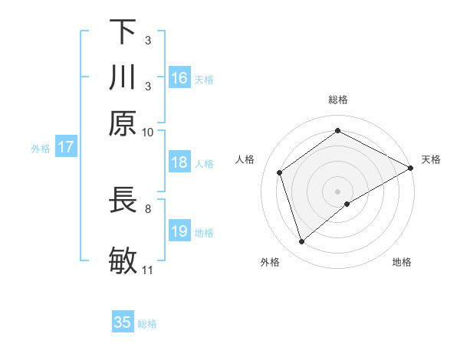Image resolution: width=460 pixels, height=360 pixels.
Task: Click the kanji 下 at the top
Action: point(123,32)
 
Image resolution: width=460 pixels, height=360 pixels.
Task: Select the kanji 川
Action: point(123,77)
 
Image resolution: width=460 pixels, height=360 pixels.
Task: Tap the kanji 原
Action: point(123,123)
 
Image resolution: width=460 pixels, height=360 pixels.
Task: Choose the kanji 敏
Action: point(123,260)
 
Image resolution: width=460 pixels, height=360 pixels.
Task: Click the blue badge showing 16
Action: point(179,77)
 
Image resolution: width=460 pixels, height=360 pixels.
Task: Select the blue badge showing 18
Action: point(179,162)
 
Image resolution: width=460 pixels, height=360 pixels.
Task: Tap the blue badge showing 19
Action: point(179,231)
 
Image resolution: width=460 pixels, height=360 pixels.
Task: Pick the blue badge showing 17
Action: point(65,147)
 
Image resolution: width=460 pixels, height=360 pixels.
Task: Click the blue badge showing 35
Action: point(123,322)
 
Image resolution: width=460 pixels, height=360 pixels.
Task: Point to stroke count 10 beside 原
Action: point(148,132)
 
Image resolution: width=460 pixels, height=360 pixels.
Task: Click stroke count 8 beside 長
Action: point(148,208)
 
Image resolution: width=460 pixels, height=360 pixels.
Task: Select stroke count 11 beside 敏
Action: point(148,270)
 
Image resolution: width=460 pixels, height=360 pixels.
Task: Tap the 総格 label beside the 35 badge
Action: point(147,324)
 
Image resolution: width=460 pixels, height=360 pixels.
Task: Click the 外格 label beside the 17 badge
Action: point(41,149)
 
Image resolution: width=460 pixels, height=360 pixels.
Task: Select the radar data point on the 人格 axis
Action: point(280,172)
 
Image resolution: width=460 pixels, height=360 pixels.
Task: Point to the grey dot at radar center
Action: point(338,191)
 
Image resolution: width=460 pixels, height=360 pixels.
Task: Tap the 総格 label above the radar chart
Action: point(338,100)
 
